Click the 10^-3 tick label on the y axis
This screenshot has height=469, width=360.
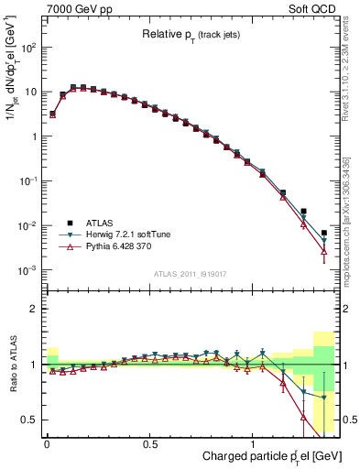click(26, 270)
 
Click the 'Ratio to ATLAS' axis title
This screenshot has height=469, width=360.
click(11, 364)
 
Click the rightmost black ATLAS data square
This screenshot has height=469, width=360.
click(324, 233)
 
